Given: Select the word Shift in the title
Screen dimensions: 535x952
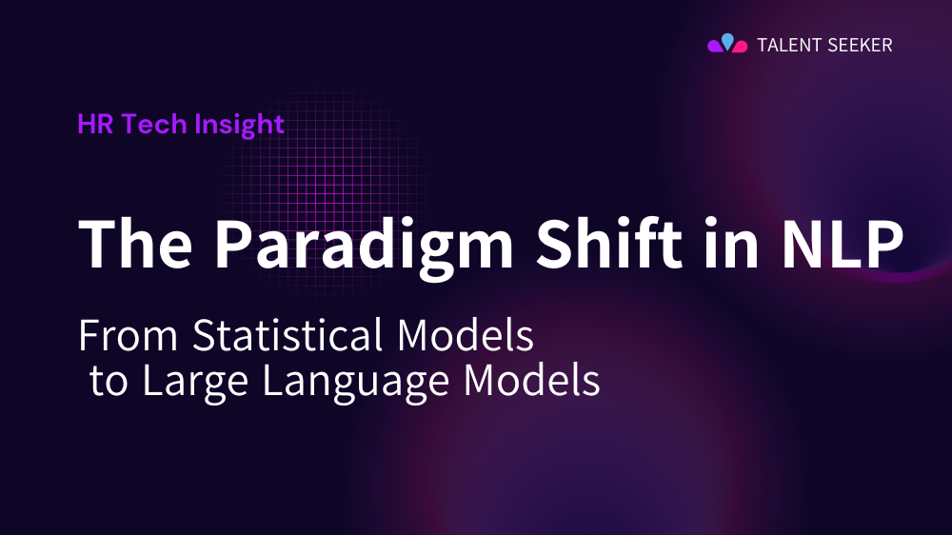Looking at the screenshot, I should click(x=589, y=244).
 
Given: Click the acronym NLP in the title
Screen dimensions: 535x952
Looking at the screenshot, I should click(x=837, y=244).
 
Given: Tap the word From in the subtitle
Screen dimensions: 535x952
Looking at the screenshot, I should click(x=129, y=336).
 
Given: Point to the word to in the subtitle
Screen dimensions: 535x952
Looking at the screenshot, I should click(x=110, y=381).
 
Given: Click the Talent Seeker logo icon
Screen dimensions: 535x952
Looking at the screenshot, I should click(x=727, y=44).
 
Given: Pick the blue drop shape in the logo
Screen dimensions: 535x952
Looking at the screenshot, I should click(x=727, y=40).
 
